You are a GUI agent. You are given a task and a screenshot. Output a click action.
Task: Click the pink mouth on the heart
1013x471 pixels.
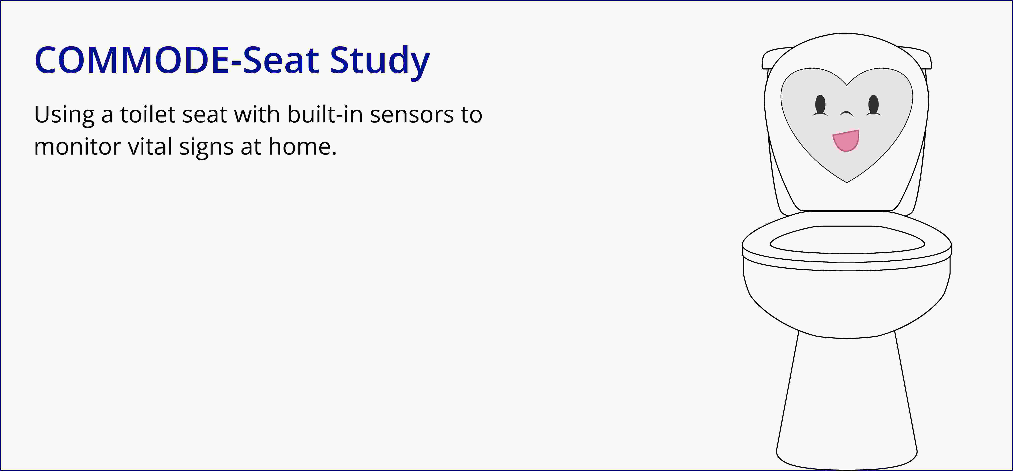[x=846, y=140]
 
